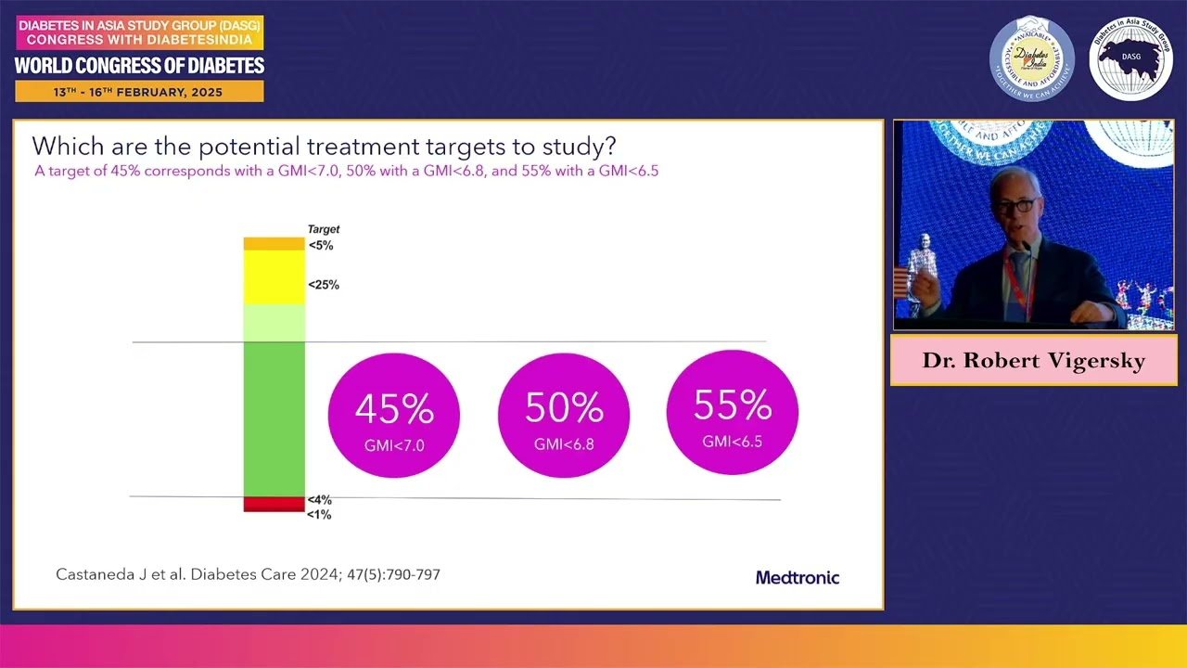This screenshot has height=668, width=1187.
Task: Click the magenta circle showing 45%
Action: click(394, 415)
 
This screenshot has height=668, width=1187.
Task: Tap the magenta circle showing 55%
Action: click(733, 411)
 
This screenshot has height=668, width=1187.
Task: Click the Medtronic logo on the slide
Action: click(798, 577)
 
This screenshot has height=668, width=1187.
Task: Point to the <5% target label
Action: click(321, 246)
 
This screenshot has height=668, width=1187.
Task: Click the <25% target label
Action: click(324, 285)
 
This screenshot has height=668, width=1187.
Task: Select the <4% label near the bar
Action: click(320, 500)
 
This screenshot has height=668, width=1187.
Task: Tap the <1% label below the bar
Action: click(319, 514)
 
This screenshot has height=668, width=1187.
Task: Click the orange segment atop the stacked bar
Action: click(274, 244)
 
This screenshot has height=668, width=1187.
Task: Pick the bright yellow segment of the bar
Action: click(274, 276)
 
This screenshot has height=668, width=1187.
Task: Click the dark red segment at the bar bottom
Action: click(274, 504)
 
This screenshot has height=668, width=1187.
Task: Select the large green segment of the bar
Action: click(274, 417)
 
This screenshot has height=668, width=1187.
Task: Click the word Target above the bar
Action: click(324, 229)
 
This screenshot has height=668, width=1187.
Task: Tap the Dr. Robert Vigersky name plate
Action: click(1033, 361)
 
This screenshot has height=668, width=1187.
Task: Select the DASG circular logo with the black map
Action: click(1130, 58)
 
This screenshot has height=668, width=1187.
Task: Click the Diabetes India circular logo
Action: click(1032, 58)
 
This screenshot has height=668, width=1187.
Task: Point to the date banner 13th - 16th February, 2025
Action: click(139, 92)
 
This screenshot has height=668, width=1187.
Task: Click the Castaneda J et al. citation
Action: click(248, 574)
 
